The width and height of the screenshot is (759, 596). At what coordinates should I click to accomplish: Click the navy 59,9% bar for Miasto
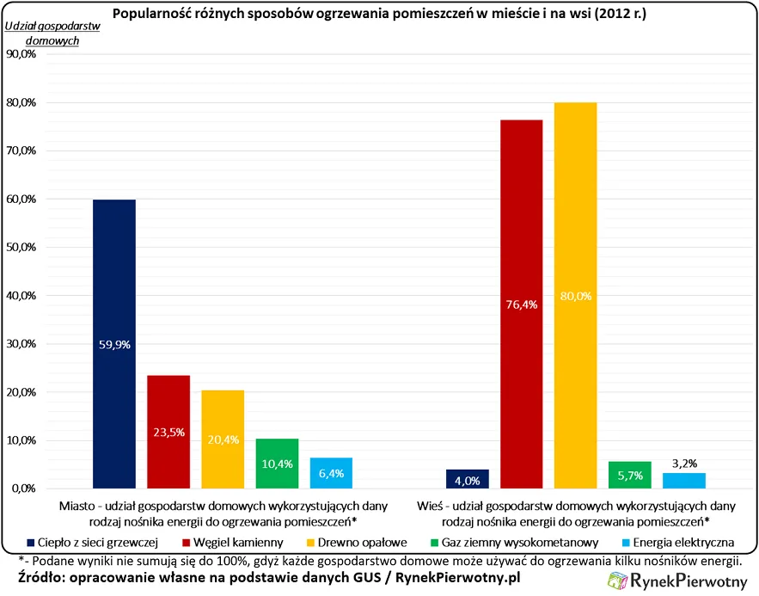click(x=114, y=344)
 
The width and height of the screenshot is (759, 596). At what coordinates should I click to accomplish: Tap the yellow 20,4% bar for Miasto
click(x=223, y=439)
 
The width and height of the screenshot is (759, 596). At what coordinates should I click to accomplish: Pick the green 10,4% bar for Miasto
click(x=277, y=464)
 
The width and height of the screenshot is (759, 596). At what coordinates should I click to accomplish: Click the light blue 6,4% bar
click(x=331, y=473)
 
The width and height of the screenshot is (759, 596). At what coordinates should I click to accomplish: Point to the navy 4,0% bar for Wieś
click(x=468, y=479)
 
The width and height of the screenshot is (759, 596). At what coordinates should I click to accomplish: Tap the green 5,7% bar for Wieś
click(x=630, y=475)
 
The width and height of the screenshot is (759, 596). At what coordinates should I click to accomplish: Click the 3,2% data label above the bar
click(x=684, y=463)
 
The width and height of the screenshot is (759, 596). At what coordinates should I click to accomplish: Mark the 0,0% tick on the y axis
click(x=23, y=488)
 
